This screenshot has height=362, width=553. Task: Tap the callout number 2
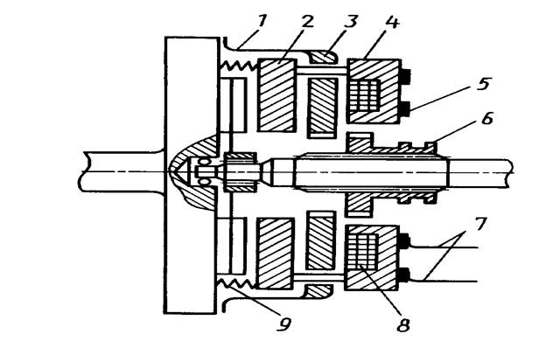coord(306,22)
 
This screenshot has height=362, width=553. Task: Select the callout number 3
coord(350,22)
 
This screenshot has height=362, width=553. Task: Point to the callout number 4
coord(392,22)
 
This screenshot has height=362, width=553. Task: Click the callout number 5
coord(484,84)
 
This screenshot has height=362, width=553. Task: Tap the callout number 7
coord(479,224)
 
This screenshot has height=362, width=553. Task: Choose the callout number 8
coord(403,324)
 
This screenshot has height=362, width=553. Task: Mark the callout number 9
coord(284,324)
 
